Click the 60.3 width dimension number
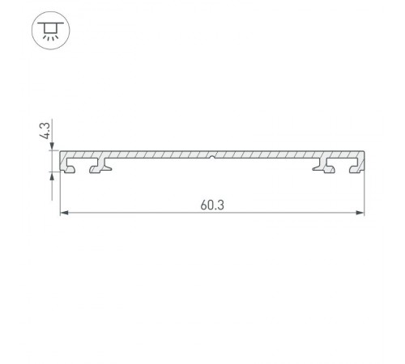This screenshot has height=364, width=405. [213, 205]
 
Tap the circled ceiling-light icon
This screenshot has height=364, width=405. [51, 31]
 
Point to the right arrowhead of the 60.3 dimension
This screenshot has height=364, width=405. [361, 214]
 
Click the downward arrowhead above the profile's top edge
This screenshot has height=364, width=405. [54, 147]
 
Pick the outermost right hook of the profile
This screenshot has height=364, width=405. [355, 167]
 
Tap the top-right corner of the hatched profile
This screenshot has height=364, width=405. [364, 152]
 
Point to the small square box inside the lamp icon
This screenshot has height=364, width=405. [51, 27]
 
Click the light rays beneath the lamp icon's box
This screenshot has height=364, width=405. [51, 36]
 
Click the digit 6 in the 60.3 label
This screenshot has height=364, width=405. [204, 205]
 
